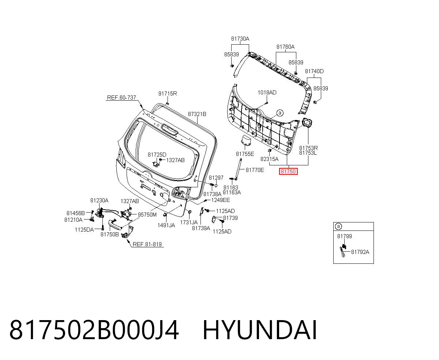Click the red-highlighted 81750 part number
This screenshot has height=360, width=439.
pyautogui.click(x=288, y=171)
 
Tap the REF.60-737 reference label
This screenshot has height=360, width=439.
pyautogui.click(x=121, y=97)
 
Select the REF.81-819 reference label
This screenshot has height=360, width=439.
pyautogui.click(x=147, y=244)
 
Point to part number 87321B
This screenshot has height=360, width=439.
pyautogui.click(x=197, y=114)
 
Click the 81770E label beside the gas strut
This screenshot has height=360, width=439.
pyautogui.click(x=255, y=170)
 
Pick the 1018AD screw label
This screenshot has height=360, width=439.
pyautogui.click(x=267, y=93)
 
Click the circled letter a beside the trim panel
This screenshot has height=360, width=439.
pyautogui.click(x=280, y=113)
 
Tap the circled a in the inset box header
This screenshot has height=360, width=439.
pyautogui.click(x=338, y=226)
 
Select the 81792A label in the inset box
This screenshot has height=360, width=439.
pyautogui.click(x=360, y=252)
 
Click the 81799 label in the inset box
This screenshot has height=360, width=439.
pyautogui.click(x=345, y=236)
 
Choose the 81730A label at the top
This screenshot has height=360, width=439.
pyautogui.click(x=240, y=39)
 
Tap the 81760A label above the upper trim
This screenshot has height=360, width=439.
pyautogui.click(x=285, y=47)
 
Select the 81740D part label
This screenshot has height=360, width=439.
pyautogui.click(x=314, y=71)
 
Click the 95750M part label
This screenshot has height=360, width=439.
pyautogui.click(x=147, y=214)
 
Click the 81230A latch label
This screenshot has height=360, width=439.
pyautogui.click(x=99, y=200)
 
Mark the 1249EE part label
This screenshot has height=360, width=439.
pyautogui.click(x=221, y=200)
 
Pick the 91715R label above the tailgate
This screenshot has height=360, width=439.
pyautogui.click(x=168, y=94)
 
